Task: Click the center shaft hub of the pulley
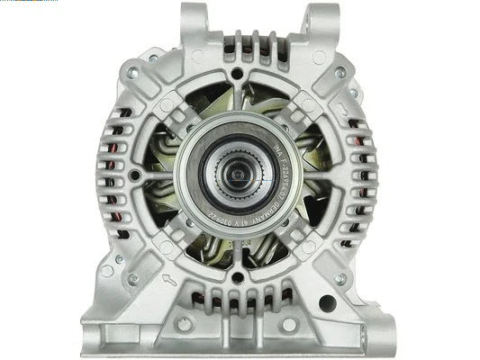[238, 172]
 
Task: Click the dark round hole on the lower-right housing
[328, 303]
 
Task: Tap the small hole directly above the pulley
[237, 73]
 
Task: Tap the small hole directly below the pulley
[238, 277]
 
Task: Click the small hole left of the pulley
[134, 175]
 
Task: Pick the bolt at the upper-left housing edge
[132, 73]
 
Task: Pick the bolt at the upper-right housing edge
[340, 73]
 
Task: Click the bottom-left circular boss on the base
[185, 324]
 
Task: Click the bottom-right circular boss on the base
[290, 324]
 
